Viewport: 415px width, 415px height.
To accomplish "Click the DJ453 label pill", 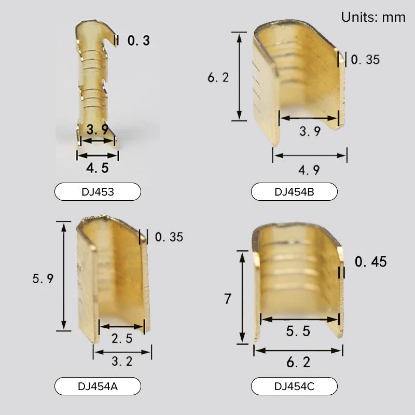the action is click(x=98, y=191).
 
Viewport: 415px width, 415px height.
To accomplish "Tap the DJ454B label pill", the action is click(x=294, y=191).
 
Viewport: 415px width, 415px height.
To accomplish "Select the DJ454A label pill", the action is click(x=98, y=386).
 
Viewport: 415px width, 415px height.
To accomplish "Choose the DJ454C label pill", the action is click(x=294, y=386).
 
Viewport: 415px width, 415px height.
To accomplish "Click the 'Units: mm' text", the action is click(x=373, y=18).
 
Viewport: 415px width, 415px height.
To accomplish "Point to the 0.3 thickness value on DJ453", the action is click(x=139, y=40).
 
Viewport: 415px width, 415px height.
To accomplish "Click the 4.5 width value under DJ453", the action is click(x=98, y=168).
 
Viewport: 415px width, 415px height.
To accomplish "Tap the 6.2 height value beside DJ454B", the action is click(x=218, y=77).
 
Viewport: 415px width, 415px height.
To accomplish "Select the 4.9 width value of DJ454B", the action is click(x=309, y=170).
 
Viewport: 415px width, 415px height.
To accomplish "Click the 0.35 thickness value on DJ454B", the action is click(x=365, y=60).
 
